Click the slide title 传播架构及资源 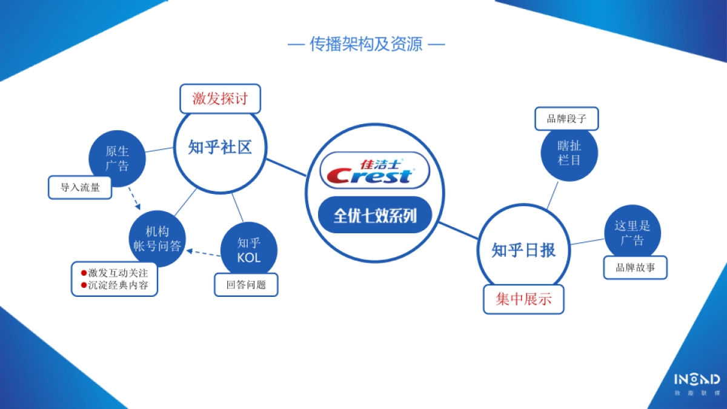click(x=366, y=44)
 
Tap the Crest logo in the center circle click(x=374, y=170)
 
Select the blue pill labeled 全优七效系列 click(x=375, y=215)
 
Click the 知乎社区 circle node click(x=219, y=147)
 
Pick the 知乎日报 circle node click(x=523, y=250)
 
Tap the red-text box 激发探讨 click(x=220, y=98)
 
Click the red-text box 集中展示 click(x=523, y=299)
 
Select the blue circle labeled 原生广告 click(x=117, y=159)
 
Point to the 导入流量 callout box click(x=80, y=187)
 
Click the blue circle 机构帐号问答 click(x=157, y=238)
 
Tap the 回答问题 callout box click(x=246, y=284)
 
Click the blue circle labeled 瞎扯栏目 click(x=569, y=153)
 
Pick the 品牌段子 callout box click(x=566, y=118)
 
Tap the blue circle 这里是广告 click(x=632, y=233)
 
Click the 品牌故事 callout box click(x=635, y=267)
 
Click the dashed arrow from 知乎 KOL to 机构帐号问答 click(x=204, y=253)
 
